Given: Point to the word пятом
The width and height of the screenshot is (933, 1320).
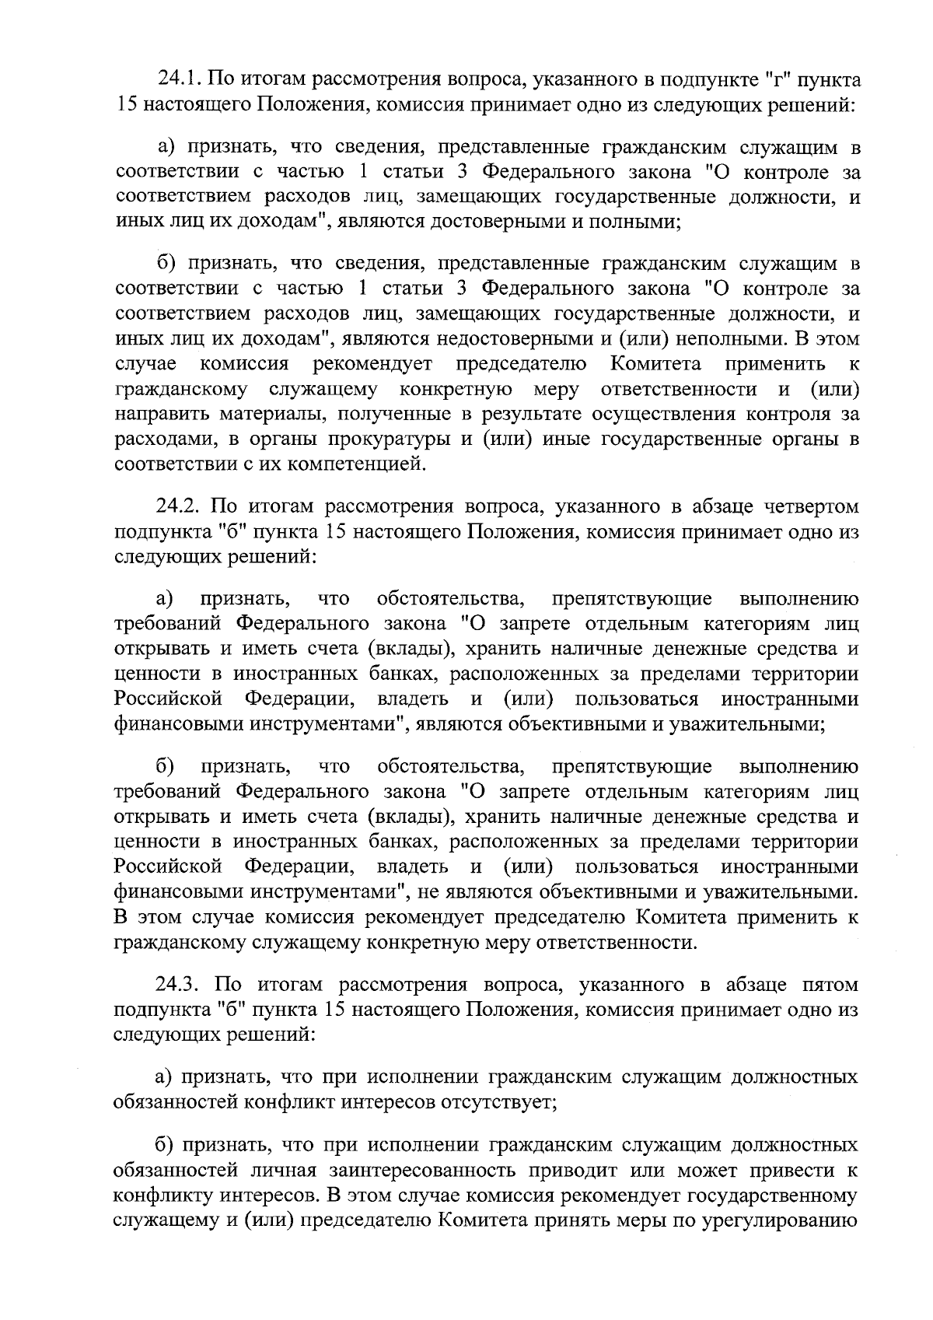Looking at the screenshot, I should [x=829, y=985].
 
